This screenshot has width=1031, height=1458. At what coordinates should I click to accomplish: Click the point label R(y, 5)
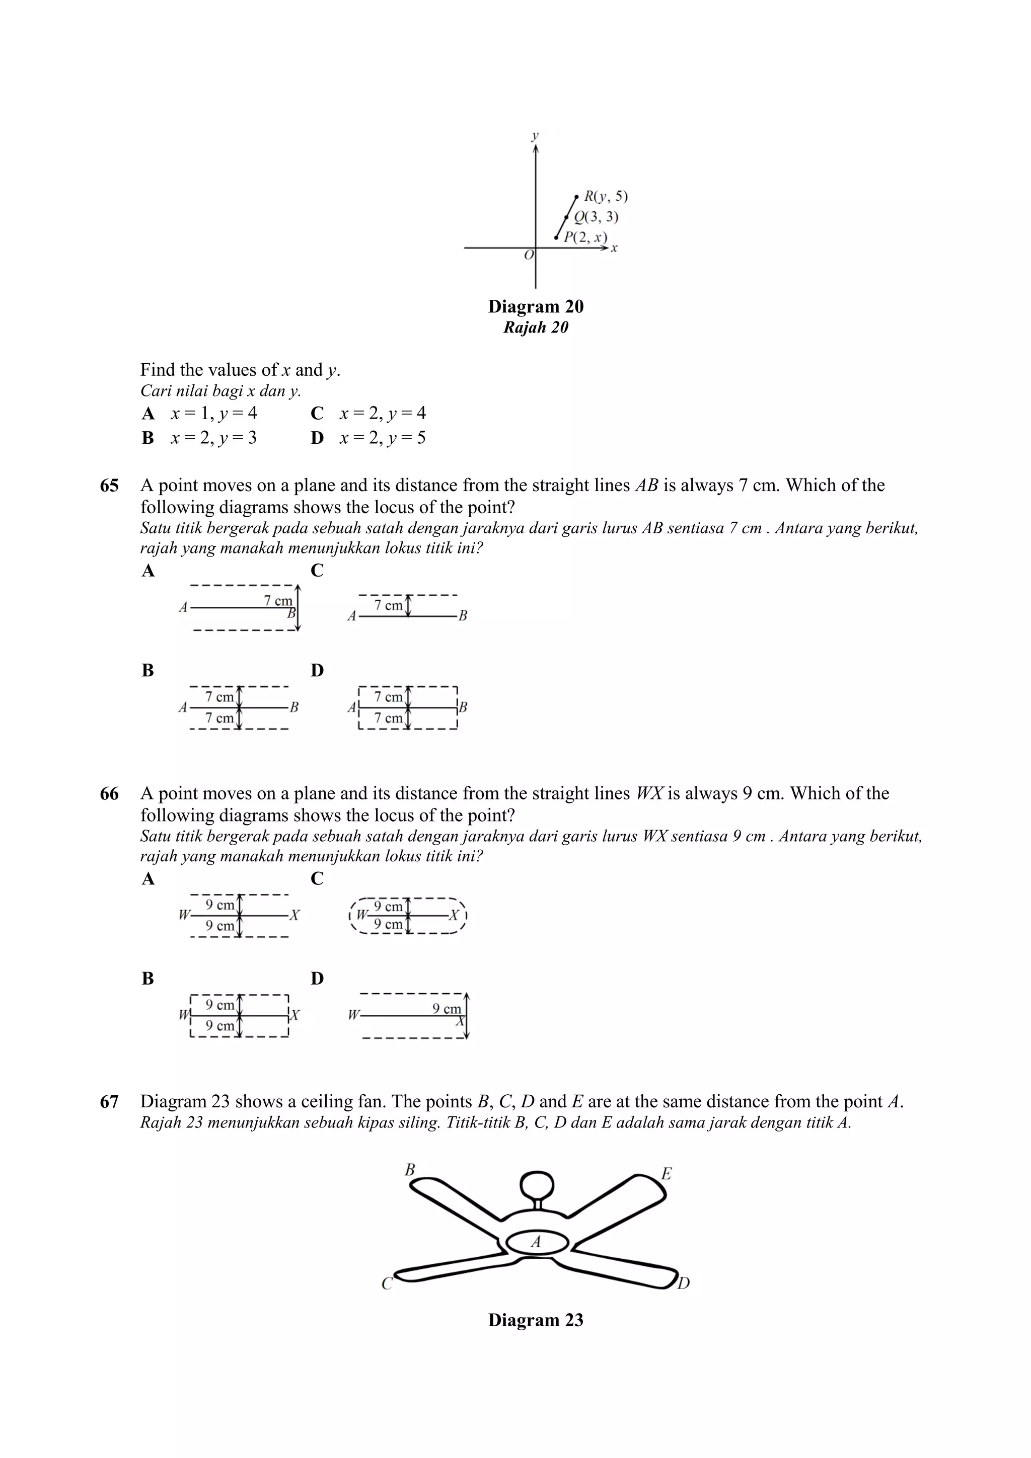click(x=606, y=196)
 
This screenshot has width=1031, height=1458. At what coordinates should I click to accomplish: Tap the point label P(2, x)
click(x=585, y=237)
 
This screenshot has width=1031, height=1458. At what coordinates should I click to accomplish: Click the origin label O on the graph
click(x=529, y=255)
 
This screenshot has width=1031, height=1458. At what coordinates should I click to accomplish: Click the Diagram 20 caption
click(x=536, y=307)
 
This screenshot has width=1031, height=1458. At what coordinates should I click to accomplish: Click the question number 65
click(x=109, y=486)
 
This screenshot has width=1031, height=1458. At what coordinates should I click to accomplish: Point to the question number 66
click(x=109, y=794)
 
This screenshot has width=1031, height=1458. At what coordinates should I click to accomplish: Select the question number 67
click(x=109, y=1102)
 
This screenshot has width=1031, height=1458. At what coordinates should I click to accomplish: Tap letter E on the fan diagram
click(x=666, y=1174)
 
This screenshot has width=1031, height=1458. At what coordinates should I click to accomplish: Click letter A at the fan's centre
click(x=536, y=1242)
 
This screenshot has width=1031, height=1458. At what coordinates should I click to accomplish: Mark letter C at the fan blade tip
click(x=387, y=1284)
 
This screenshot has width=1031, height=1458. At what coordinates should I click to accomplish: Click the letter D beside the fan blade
click(x=684, y=1283)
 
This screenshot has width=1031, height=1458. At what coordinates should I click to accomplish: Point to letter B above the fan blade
click(x=410, y=1169)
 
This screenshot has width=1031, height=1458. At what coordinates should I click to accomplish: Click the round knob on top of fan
click(x=537, y=1184)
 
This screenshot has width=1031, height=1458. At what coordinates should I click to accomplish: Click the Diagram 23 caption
click(x=536, y=1320)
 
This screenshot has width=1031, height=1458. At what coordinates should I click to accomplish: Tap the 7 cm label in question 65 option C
click(x=388, y=605)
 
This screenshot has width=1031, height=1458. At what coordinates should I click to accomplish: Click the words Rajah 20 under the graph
click(x=536, y=328)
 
